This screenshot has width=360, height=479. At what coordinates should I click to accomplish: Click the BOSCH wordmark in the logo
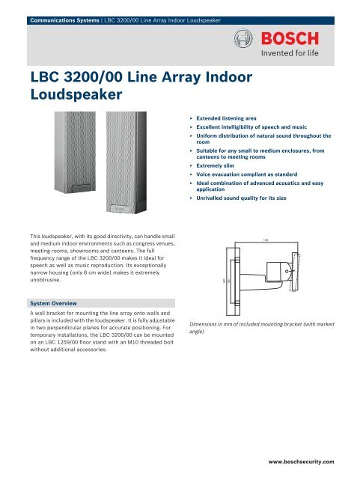[296, 37]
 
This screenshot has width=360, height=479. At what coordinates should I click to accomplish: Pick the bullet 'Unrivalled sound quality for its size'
[247, 200]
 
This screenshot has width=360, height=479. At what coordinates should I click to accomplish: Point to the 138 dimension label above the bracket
[266, 239]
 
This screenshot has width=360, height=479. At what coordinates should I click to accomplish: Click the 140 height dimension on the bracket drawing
[225, 280]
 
